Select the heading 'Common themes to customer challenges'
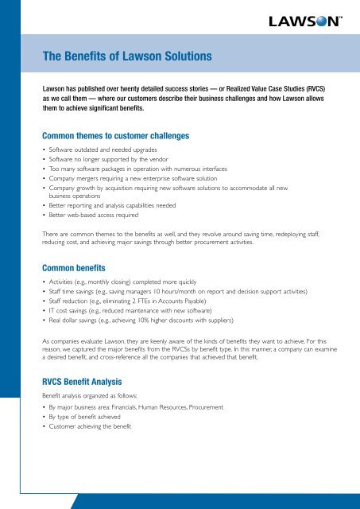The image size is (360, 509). click(x=116, y=136)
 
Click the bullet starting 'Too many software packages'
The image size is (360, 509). click(x=138, y=170)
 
